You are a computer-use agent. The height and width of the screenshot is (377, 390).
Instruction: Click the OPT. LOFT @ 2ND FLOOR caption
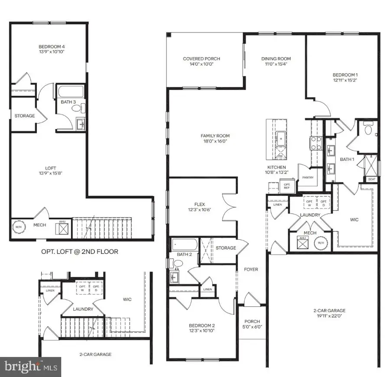[79, 251]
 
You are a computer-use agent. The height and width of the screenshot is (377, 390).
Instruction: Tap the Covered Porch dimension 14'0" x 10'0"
[201, 64]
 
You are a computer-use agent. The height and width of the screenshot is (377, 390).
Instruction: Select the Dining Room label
[276, 59]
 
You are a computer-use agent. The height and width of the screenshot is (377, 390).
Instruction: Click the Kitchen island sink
[281, 140]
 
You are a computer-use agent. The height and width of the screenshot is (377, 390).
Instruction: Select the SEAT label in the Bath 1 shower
[371, 179]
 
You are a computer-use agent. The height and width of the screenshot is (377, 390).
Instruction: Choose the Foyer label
[251, 270]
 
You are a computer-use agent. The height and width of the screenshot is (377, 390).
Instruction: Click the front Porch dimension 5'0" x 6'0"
[252, 328]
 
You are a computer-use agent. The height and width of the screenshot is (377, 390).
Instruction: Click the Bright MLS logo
[30, 367]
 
